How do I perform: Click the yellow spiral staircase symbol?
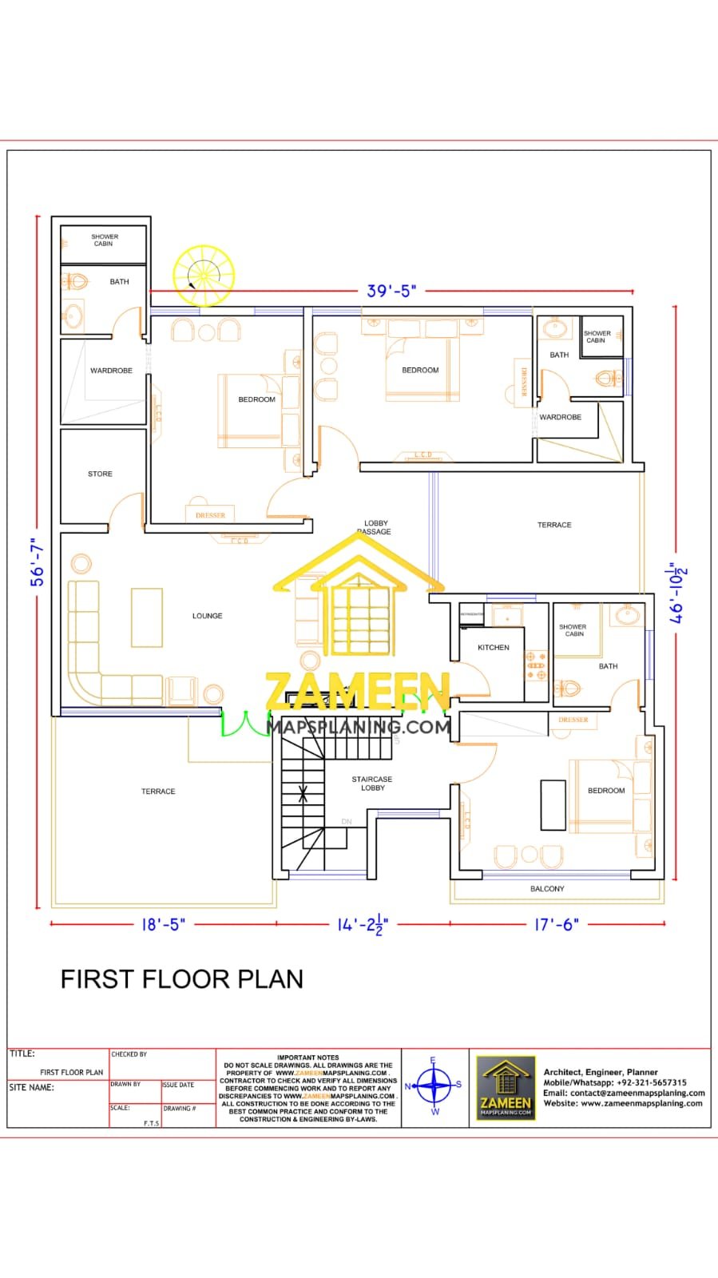(204, 276)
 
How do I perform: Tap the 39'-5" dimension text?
(391, 291)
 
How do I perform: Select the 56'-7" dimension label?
(37, 562)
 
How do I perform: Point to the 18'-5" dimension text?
(163, 924)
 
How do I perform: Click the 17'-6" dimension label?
(556, 924)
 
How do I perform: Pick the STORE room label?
(100, 474)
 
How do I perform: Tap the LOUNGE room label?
(207, 616)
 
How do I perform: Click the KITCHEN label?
(493, 648)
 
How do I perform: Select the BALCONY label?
(547, 888)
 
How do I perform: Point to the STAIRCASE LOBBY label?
(372, 784)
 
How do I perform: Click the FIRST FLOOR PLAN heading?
(182, 979)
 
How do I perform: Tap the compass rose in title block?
(434, 1086)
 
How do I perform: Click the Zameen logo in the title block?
(506, 1087)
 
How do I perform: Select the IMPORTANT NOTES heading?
(307, 1058)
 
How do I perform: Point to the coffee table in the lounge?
(147, 617)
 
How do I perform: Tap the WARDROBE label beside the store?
(111, 371)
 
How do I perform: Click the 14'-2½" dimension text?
(363, 924)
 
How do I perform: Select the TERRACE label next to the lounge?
(158, 792)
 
